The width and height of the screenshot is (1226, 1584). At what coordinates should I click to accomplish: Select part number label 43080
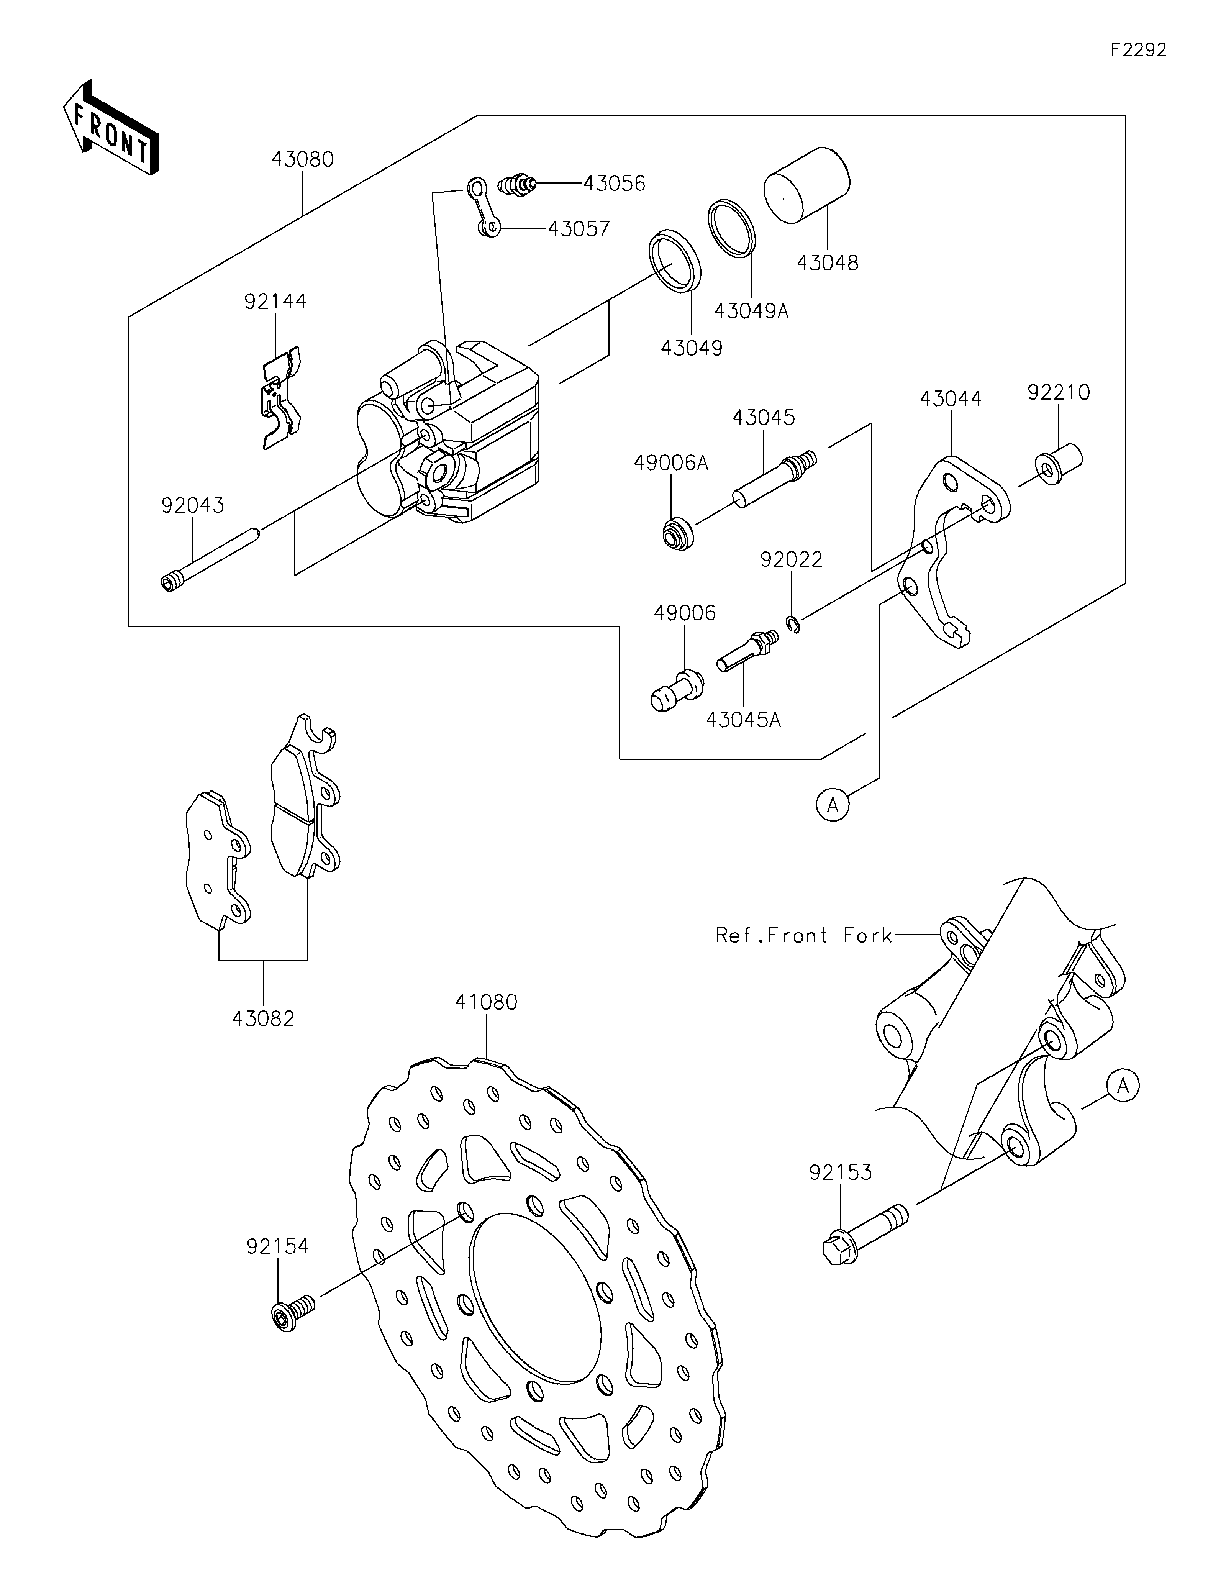302,159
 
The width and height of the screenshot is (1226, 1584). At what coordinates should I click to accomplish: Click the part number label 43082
263,1018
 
